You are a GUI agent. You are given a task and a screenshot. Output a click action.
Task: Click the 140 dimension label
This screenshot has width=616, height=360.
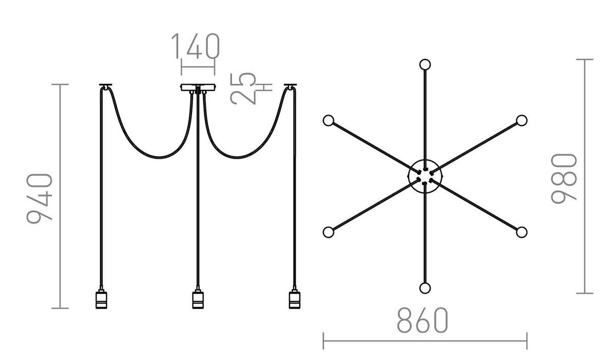195,46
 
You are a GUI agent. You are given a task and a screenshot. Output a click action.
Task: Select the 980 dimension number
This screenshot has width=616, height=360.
564,178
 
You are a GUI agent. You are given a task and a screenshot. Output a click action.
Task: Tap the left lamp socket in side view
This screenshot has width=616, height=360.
101,299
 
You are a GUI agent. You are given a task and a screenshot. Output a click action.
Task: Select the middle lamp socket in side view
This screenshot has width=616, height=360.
197,299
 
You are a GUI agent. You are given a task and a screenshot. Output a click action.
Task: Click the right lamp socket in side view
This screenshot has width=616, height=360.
294,299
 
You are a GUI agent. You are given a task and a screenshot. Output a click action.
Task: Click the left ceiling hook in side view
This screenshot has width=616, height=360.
106,85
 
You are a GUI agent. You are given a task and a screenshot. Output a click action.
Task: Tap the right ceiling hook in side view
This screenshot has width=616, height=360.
291,85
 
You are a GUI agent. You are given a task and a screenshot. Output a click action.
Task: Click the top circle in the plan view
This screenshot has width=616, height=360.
425,65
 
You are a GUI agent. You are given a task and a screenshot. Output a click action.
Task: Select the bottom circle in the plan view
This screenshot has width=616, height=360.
425,288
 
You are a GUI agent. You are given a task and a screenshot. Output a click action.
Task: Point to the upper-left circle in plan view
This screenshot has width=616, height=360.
329,121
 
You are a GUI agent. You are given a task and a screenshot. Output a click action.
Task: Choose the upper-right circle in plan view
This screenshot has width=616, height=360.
522,121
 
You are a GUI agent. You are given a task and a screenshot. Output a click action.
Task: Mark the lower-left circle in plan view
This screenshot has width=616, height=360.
329,232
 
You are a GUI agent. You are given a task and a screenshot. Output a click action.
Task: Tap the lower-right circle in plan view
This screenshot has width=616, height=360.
522,232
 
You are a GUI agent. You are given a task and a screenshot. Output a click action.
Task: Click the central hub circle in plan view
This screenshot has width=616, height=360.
425,176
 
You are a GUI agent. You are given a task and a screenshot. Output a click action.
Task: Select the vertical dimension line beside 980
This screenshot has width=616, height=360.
585,176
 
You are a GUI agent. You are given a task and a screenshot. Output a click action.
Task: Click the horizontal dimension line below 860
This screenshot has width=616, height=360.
425,340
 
